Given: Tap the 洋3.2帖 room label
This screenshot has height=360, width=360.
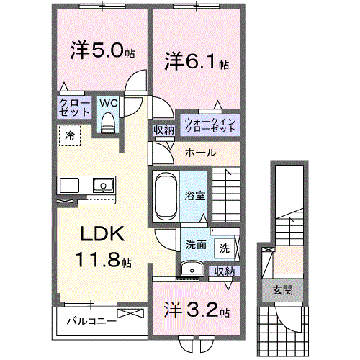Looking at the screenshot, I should [x=196, y=312].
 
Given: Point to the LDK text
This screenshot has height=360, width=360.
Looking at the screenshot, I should [x=102, y=234].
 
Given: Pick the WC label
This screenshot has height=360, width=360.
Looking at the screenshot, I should [x=108, y=103].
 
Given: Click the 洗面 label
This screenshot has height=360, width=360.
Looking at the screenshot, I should [x=195, y=245].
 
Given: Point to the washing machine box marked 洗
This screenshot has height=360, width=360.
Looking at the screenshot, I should [x=225, y=248].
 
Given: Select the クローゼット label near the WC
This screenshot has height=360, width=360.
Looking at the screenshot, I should [x=74, y=108].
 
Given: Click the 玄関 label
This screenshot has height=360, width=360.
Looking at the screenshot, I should [x=282, y=290].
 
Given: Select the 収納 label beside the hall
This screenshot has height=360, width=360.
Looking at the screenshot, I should [x=163, y=130].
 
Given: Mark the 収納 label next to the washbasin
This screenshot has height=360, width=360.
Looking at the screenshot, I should [x=225, y=271].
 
